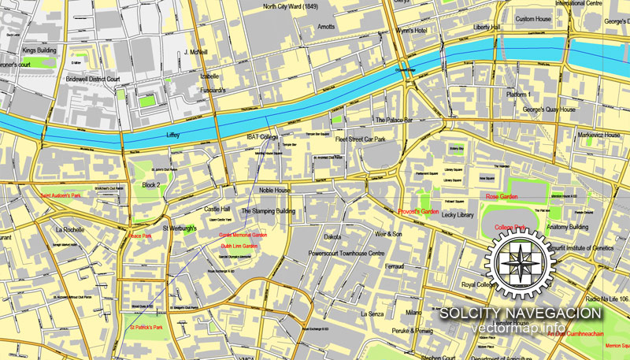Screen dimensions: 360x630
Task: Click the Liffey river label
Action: (173, 135)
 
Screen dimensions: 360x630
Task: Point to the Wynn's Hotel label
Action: (410, 31)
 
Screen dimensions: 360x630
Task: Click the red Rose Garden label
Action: (502, 196)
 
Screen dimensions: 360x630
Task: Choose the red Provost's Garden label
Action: (418, 212)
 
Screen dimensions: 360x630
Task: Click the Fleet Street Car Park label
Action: (361, 139)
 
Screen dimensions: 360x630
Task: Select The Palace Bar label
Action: (394, 121)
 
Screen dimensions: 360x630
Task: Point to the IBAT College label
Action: (263, 137)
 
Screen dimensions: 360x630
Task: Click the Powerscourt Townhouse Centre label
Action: (346, 254)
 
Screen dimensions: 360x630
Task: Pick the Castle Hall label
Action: (217, 210)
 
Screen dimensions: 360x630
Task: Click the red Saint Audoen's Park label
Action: (61, 194)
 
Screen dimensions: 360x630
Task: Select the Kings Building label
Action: (39, 50)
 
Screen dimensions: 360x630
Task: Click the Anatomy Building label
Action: (568, 227)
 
